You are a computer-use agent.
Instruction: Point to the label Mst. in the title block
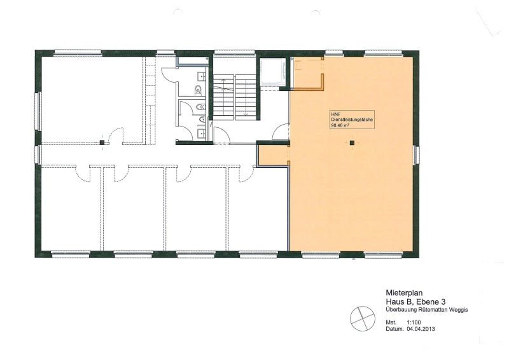point(391,323)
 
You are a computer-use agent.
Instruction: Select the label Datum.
point(394,329)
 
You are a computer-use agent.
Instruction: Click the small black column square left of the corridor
point(101,142)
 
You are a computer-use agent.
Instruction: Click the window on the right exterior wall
point(417,155)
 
